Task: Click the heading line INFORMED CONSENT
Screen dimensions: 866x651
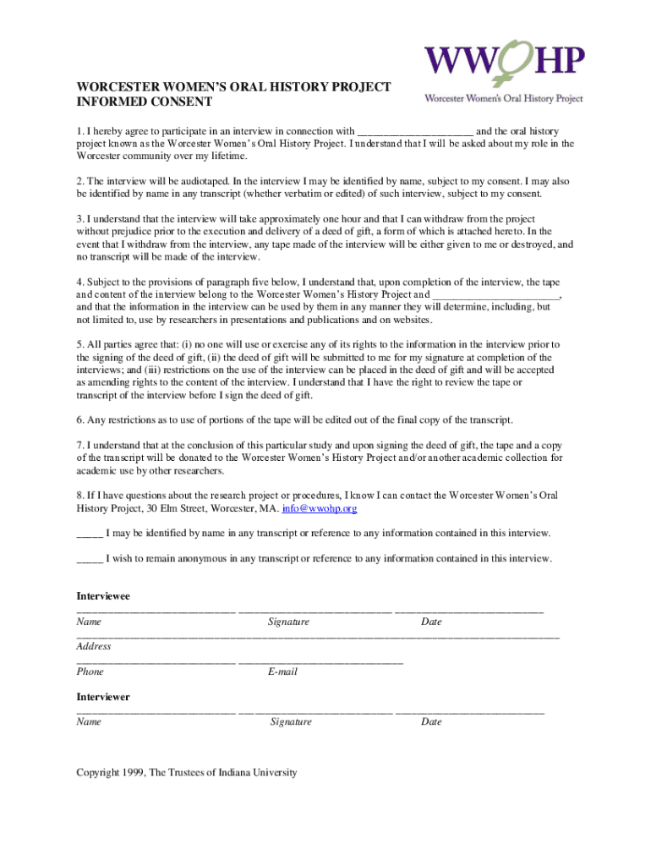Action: [144, 102]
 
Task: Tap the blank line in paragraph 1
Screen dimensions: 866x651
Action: [415, 132]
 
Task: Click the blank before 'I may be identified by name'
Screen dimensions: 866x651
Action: [90, 534]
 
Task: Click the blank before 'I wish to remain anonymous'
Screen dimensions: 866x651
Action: [90, 559]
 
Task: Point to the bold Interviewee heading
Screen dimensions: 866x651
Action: [103, 596]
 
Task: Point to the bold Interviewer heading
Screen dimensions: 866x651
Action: [103, 697]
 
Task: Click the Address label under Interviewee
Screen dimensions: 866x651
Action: [94, 646]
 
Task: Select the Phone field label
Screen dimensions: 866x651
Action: [90, 671]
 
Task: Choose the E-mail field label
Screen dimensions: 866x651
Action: [282, 671]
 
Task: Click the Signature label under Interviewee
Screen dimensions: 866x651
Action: [288, 622]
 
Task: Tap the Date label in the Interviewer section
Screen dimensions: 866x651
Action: [431, 722]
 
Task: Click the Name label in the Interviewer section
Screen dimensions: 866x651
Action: [89, 722]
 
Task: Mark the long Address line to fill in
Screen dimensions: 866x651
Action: [318, 635]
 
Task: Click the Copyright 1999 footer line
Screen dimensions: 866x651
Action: [187, 772]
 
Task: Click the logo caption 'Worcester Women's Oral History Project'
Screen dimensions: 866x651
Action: [503, 98]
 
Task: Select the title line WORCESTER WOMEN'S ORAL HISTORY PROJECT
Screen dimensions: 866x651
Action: [234, 87]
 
